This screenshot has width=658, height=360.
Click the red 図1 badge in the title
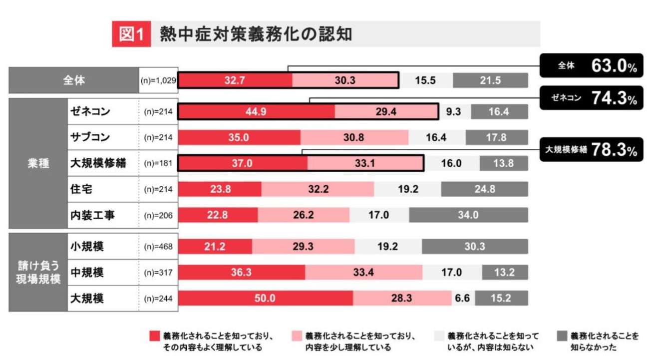[131, 34]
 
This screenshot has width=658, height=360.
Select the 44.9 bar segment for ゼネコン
[257, 112]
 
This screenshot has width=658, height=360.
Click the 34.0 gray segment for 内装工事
[468, 215]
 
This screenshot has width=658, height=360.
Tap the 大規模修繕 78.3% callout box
[591, 149]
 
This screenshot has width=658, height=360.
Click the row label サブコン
[90, 137]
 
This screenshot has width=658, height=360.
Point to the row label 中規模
[87, 272]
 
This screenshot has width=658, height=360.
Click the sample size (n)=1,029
[158, 80]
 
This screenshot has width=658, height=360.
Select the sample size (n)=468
[158, 247]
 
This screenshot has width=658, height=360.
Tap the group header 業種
[38, 163]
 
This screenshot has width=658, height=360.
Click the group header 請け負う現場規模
[38, 272]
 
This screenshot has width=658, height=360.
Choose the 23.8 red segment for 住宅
[220, 189]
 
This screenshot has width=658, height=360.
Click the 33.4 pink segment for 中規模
[363, 272]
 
